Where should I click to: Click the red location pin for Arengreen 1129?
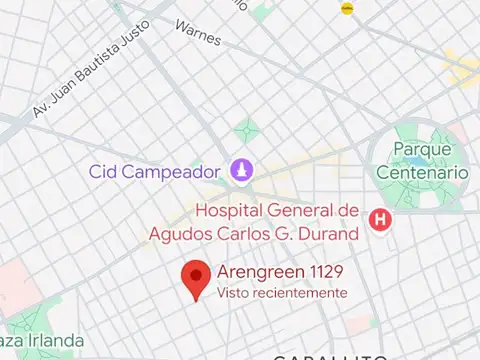pos(196,278)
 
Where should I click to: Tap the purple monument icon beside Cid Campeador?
pos(240,171)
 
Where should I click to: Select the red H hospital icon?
pos(380,220)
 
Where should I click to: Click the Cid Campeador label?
pos(154,171)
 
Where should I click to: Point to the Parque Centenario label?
pos(422,160)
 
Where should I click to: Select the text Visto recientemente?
pos(282,293)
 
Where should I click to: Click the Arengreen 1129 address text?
pos(274,273)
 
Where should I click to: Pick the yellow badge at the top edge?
pos(347,8)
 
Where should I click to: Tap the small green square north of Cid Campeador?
pos(246,130)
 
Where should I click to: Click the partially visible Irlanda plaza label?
pos(42,341)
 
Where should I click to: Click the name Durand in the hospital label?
pos(329,234)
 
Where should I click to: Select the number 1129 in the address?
pos(312,273)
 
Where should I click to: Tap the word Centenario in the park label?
pos(422,172)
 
